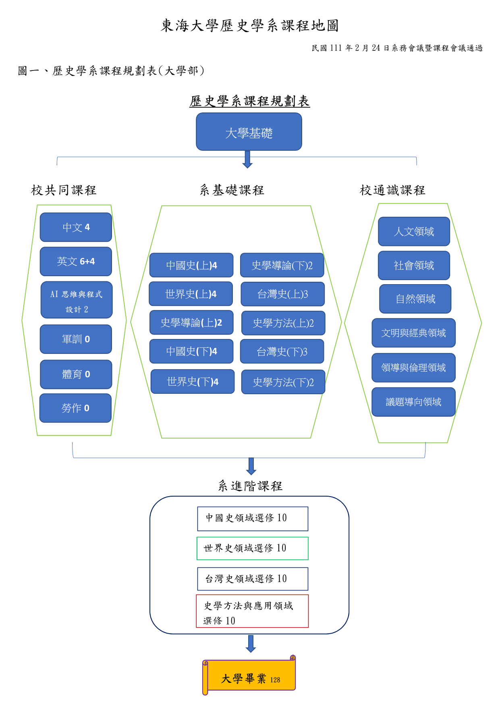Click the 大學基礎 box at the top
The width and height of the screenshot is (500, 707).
249,132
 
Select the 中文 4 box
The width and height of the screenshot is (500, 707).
76,227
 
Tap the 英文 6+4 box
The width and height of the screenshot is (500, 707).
76,262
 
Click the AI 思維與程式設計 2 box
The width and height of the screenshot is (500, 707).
77,300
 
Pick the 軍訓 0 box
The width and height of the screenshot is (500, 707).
76,339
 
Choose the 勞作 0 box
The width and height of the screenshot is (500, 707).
75,408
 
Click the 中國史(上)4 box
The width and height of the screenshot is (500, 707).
191,265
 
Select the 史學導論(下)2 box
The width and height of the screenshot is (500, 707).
282,265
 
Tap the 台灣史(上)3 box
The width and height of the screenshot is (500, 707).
282,294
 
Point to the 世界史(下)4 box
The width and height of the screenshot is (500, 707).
193,382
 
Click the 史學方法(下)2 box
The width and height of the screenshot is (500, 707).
283,382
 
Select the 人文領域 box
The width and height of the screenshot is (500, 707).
414,232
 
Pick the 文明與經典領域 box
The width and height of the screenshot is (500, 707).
413,333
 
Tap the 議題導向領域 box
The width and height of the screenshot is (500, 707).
413,402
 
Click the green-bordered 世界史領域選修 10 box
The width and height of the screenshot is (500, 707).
253,548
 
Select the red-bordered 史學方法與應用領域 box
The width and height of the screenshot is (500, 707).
252,611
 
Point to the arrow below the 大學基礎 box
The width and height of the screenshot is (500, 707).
248,160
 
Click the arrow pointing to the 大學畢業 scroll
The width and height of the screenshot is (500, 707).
251,644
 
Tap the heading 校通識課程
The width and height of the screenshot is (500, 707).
392,190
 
